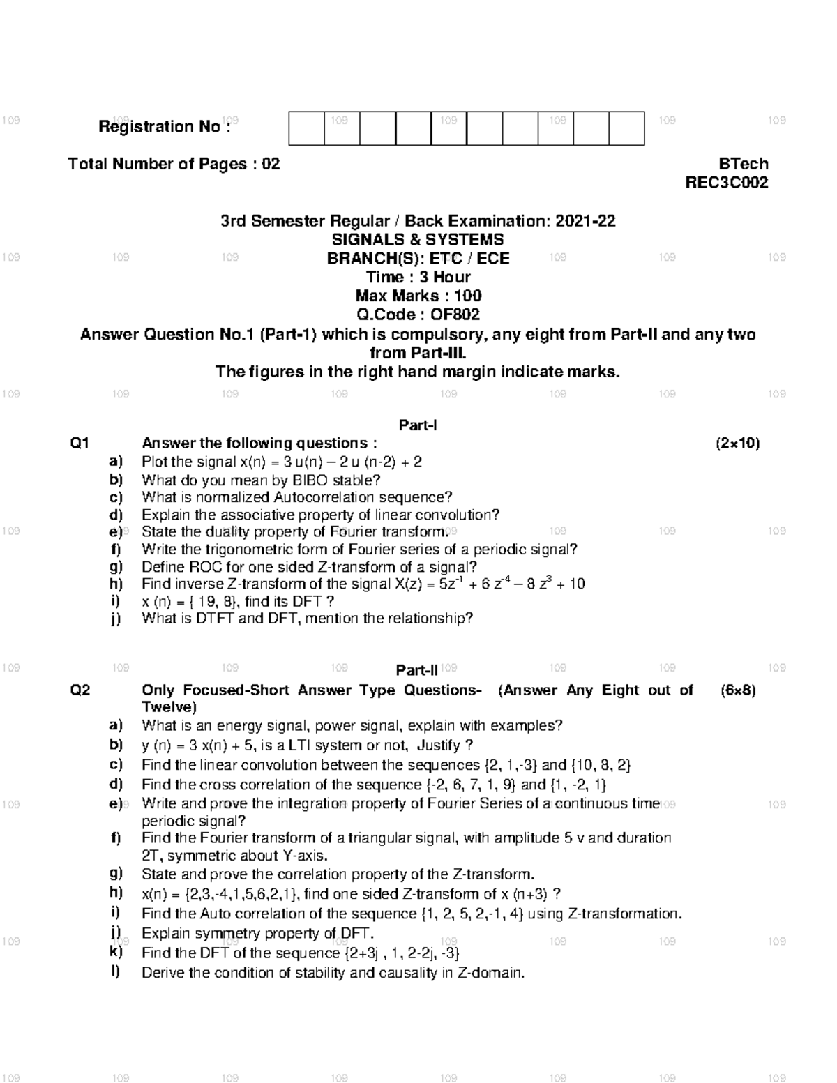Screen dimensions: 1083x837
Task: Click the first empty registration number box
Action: click(x=307, y=128)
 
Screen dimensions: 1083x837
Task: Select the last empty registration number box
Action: click(x=626, y=128)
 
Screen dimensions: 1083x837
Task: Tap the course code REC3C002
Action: click(x=727, y=183)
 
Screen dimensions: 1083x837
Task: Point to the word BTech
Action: click(x=744, y=164)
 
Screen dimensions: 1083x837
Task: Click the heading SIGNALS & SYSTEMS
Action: click(x=418, y=240)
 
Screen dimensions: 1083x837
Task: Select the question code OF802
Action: click(x=455, y=315)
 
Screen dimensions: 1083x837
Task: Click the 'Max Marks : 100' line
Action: click(x=418, y=296)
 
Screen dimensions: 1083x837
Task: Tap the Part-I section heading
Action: click(x=417, y=425)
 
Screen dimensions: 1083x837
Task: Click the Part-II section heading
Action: click(x=416, y=671)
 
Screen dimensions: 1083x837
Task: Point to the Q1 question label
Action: click(x=80, y=444)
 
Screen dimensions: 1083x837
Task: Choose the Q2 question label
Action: click(x=80, y=690)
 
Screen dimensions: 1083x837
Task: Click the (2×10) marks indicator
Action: click(x=737, y=444)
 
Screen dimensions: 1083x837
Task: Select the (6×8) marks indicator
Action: click(x=738, y=690)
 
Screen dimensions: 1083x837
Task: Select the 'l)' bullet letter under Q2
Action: click(x=115, y=972)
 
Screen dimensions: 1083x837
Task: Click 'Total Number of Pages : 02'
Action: click(x=174, y=164)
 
